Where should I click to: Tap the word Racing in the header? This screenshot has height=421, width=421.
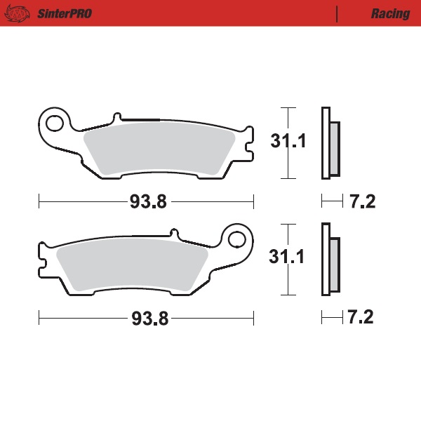coord(391,13)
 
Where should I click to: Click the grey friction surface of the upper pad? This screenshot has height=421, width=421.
coord(158,149)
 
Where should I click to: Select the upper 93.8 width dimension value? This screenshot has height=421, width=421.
coord(147,202)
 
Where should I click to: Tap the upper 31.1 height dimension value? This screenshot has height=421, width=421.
coord(288,142)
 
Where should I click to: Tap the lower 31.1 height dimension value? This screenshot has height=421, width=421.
coord(287,258)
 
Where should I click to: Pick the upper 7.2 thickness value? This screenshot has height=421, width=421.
coord(362,202)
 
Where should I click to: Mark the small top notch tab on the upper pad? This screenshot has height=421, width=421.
coord(118,117)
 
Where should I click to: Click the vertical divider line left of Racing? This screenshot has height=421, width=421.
coord(338,13)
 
